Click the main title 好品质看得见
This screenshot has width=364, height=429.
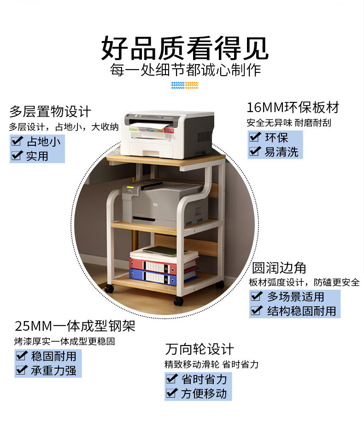(184, 49)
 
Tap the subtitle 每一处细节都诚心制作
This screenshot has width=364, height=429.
(185, 71)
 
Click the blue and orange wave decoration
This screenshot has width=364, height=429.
(184, 85)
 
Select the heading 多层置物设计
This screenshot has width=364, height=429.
(50, 112)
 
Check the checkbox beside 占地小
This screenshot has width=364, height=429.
(17, 141)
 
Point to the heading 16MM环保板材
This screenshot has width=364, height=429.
(293, 107)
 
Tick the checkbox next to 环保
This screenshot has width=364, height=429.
(254, 137)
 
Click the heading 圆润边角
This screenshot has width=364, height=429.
(279, 268)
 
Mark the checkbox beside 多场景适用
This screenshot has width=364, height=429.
(257, 296)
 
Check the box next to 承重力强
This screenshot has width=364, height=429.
(21, 370)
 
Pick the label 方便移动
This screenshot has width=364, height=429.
(204, 393)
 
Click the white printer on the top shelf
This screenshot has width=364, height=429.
(169, 134)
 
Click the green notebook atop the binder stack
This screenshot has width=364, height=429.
(159, 250)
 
